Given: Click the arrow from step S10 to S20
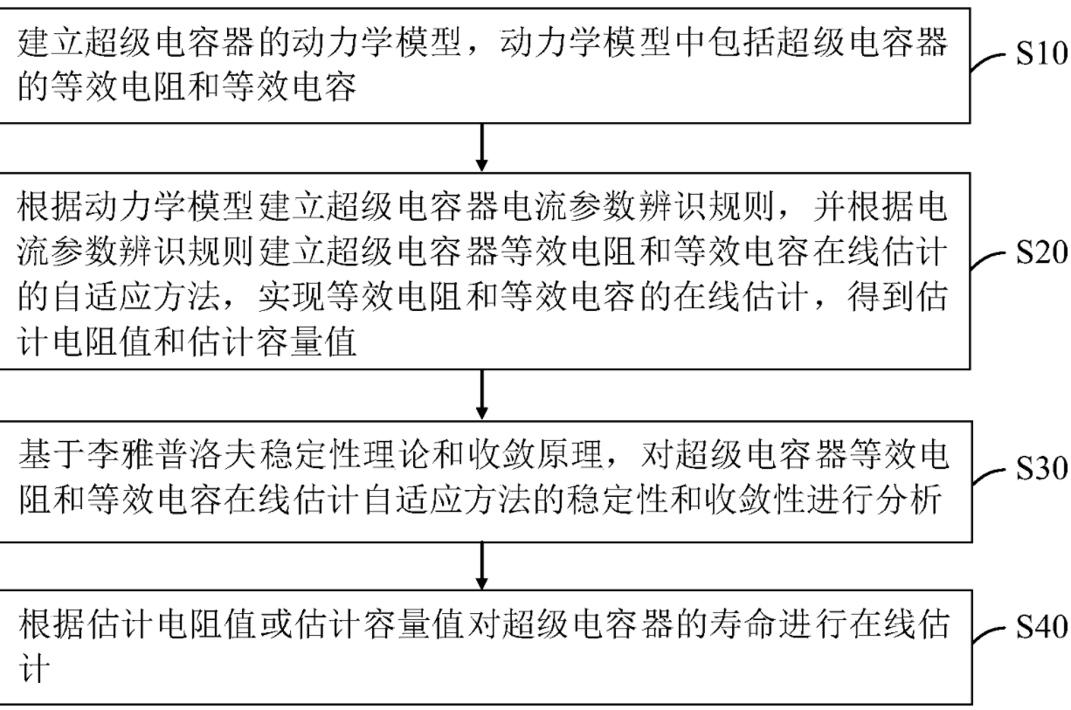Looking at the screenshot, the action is [481, 150].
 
